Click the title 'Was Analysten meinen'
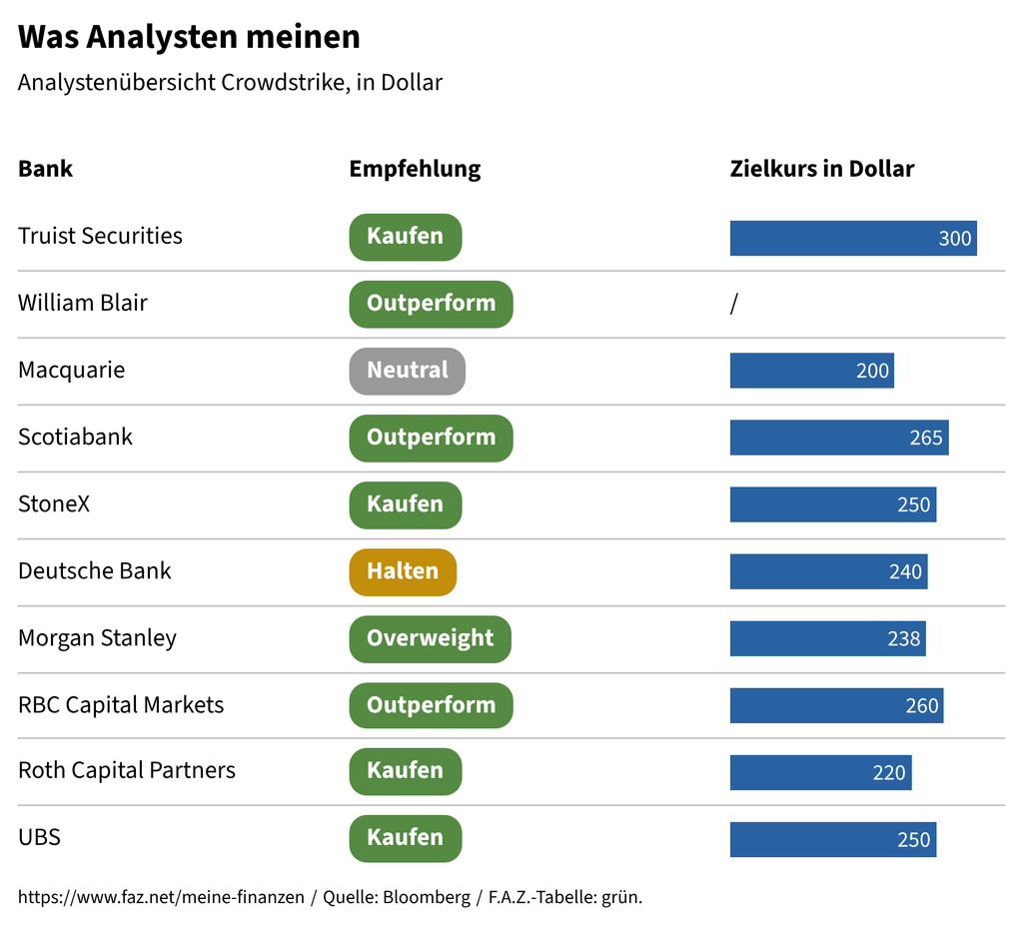coord(189,37)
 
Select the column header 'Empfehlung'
coord(415,169)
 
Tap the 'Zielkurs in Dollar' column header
coord(822,169)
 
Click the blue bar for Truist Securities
coord(853,238)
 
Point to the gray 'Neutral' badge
coord(408,371)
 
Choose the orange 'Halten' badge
coord(403,572)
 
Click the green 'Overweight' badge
coord(430,639)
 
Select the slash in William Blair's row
coord(734,304)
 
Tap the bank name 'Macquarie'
coord(72,371)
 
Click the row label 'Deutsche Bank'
coord(95,570)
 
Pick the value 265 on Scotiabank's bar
coord(926,438)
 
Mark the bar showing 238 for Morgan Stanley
coord(828,638)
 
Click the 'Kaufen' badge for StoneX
coord(406,504)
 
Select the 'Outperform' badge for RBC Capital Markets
coord(431,705)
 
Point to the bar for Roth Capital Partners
coord(821,773)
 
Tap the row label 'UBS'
coord(39,837)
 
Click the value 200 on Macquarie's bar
coord(872,371)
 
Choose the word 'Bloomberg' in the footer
coord(426,897)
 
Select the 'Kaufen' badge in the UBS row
coord(406,838)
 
